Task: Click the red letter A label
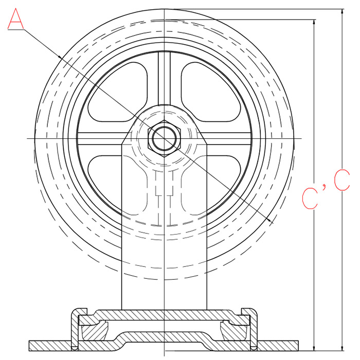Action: (x=15, y=19)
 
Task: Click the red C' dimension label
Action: (x=313, y=196)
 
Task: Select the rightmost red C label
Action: (x=341, y=180)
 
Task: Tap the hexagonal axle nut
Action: (x=165, y=138)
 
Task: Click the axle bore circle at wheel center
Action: (x=165, y=138)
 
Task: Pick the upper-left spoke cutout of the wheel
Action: (x=118, y=92)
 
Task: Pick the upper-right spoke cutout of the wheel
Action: (x=211, y=92)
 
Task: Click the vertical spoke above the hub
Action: (x=165, y=78)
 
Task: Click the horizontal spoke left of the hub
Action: (x=102, y=138)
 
